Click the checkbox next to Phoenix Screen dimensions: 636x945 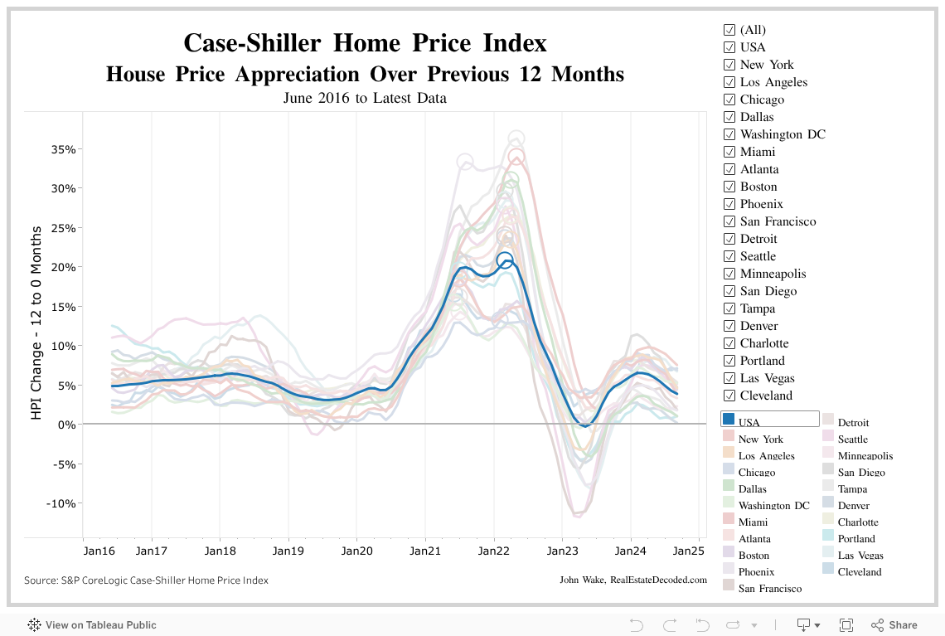tap(729, 204)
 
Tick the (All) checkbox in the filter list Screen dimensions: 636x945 tap(729, 30)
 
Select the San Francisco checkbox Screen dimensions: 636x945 tap(729, 221)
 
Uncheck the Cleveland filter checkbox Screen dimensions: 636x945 tap(729, 396)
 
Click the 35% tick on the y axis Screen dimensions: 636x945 tap(64, 149)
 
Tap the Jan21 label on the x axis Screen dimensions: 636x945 tap(425, 550)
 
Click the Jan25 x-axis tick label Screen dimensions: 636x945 tap(688, 550)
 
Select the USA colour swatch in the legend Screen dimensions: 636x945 tap(729, 419)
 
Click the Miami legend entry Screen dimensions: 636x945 tap(753, 522)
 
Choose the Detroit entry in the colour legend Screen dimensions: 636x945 tap(853, 423)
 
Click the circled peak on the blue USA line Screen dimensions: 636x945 tap(505, 260)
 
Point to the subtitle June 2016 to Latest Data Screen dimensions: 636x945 tap(365, 98)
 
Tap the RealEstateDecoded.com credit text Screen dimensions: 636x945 tap(658, 580)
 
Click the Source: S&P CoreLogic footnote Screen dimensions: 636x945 tap(146, 580)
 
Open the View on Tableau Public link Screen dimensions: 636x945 tap(100, 625)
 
